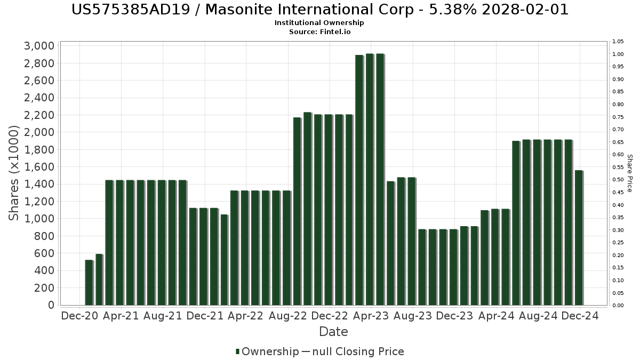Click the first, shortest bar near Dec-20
click(89, 283)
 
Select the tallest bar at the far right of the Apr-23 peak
click(380, 179)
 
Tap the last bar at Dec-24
click(579, 238)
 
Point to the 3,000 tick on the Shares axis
click(39, 46)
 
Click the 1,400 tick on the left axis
click(39, 184)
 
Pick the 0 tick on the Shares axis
click(50, 305)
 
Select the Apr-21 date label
click(121, 316)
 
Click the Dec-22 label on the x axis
click(330, 316)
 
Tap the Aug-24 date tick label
click(538, 316)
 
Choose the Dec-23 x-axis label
click(455, 316)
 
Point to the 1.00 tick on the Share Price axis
click(618, 54)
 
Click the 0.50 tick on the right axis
click(618, 180)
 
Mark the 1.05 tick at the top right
click(618, 42)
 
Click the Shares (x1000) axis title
click(14, 173)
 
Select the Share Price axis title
click(629, 173)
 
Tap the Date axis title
click(333, 332)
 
